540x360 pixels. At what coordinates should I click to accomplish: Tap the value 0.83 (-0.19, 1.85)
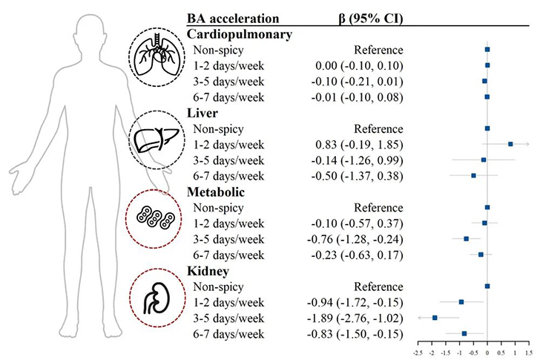355,144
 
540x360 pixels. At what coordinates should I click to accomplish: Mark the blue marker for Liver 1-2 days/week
510,144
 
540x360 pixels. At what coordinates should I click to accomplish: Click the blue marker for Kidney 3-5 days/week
435,318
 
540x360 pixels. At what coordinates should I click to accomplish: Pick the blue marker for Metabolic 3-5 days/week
466,239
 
